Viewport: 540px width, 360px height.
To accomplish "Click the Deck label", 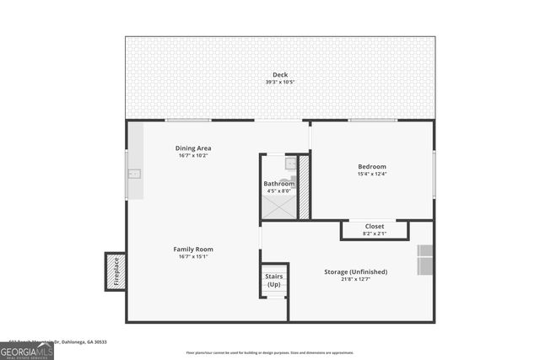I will pyautogui.click(x=279, y=75).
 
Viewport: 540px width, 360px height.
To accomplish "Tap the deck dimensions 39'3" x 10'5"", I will pyautogui.click(x=279, y=83).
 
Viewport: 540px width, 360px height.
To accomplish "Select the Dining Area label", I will pyautogui.click(x=193, y=148).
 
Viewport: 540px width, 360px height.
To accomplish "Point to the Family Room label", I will pyautogui.click(x=193, y=249).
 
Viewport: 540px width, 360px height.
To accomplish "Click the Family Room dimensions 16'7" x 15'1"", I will pyautogui.click(x=193, y=256).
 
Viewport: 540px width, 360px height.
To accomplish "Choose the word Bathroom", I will pyautogui.click(x=278, y=183).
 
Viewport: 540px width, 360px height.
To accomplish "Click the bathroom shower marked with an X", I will pyautogui.click(x=278, y=206).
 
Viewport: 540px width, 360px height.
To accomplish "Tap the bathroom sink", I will pyautogui.click(x=289, y=163).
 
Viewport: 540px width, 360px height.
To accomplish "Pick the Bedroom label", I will pyautogui.click(x=372, y=166).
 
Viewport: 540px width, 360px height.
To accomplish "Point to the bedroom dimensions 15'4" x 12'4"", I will pyautogui.click(x=372, y=175).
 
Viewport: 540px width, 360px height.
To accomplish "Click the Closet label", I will pyautogui.click(x=375, y=226).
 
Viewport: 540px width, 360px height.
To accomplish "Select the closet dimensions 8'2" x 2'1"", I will pyautogui.click(x=375, y=234).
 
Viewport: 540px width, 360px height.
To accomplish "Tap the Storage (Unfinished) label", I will pyautogui.click(x=356, y=271).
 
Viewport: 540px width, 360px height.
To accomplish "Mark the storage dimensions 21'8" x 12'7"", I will pyautogui.click(x=356, y=279).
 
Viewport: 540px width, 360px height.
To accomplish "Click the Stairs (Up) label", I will pyautogui.click(x=274, y=280).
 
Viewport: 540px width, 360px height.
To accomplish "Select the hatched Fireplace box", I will pyautogui.click(x=116, y=272).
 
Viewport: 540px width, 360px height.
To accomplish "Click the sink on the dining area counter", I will pyautogui.click(x=133, y=175).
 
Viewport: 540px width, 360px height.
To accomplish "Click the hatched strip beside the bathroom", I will pyautogui.click(x=304, y=185).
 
